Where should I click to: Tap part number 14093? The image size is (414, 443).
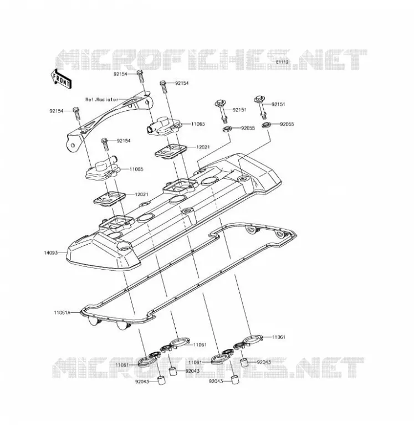(50, 253)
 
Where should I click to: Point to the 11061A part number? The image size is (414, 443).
(62, 313)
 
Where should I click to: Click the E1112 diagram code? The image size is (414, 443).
(282, 62)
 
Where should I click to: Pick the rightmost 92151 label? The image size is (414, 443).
(278, 104)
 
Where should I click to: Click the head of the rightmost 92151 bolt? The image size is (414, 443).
(259, 99)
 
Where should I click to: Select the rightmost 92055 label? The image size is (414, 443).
(287, 124)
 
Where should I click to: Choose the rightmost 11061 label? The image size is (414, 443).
(279, 337)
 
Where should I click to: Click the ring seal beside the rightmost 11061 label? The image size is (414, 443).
(252, 339)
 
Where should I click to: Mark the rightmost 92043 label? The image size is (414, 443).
(264, 362)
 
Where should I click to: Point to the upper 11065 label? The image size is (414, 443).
(198, 124)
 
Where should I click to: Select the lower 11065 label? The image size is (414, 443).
(136, 169)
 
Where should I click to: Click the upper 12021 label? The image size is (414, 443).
(203, 147)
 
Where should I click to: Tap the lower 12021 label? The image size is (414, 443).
(141, 195)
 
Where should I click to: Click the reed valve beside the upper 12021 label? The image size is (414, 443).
(171, 150)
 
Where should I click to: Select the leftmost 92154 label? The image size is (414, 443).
(57, 111)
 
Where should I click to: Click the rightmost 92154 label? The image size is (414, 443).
(182, 84)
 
